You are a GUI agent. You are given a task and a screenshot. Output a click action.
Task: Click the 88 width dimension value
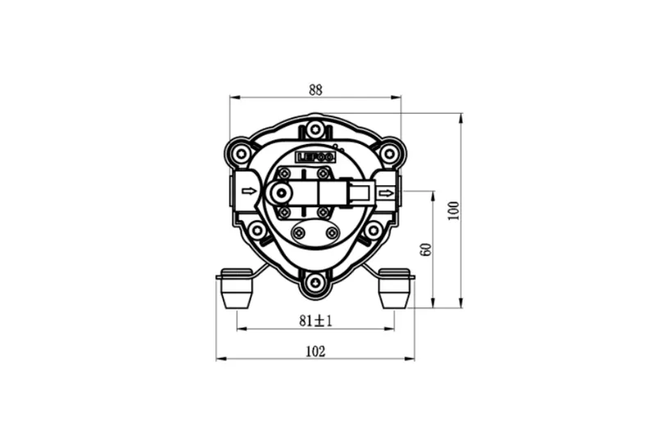pos(315,90)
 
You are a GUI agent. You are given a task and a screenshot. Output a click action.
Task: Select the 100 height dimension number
pos(454,210)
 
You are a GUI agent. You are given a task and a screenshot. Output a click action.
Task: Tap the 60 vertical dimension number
pos(425,250)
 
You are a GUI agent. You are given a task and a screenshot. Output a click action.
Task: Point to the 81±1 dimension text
pos(316,321)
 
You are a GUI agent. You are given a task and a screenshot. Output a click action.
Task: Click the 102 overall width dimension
pos(315,352)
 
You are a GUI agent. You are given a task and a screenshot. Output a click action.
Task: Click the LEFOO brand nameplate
pos(315,157)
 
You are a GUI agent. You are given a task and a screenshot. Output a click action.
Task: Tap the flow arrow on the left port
pos(249,192)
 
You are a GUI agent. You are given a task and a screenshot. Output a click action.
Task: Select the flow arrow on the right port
pos(386,193)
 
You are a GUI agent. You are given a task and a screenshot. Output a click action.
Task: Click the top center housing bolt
pos(315,129)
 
